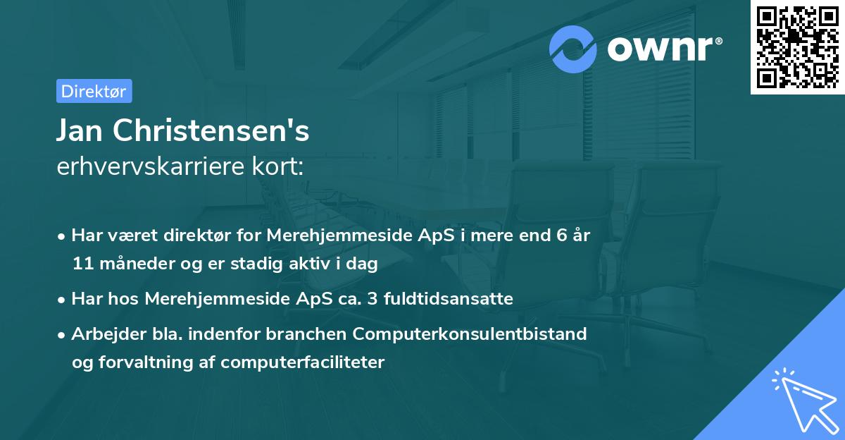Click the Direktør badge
point(94,91)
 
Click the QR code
point(798,47)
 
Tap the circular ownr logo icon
point(574,49)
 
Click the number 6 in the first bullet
point(561,236)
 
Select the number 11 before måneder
point(81,264)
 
